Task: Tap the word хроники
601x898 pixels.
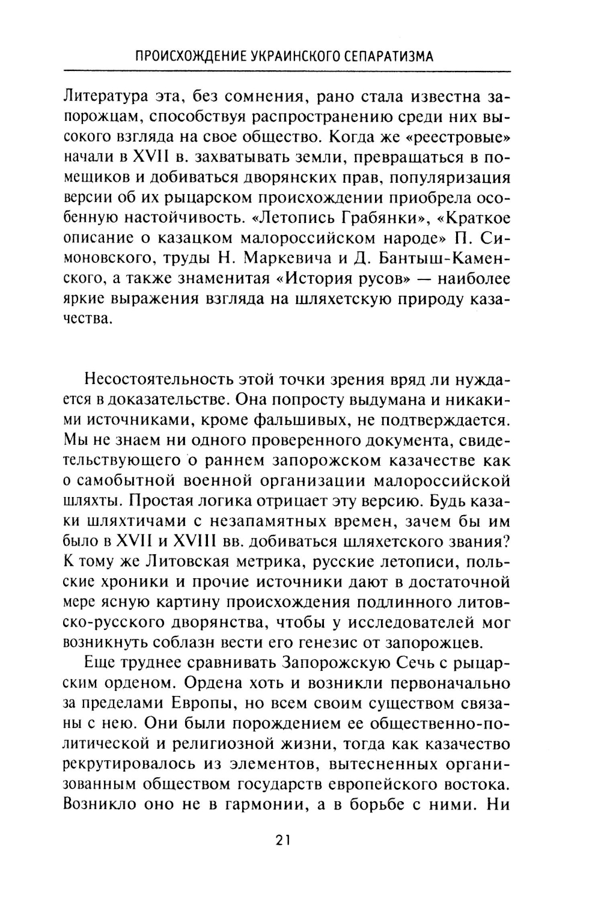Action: (x=136, y=582)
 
